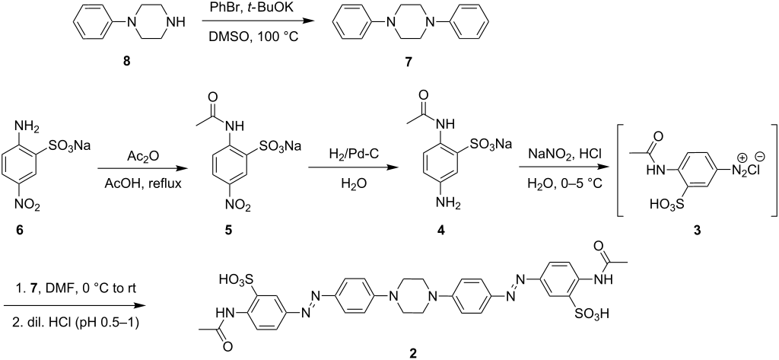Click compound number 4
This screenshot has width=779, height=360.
(440, 230)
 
